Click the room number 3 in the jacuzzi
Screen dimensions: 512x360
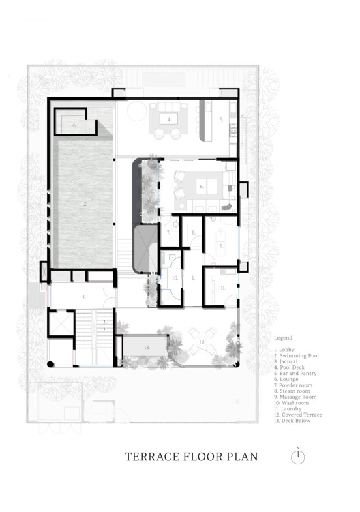pyautogui.click(x=73, y=125)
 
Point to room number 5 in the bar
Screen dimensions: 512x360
pyautogui.click(x=221, y=119)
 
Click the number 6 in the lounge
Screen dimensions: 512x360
pyautogui.click(x=201, y=185)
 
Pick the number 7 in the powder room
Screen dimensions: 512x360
pyautogui.click(x=168, y=232)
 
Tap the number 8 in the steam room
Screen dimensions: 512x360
pyautogui.click(x=194, y=232)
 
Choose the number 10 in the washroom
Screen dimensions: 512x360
pyautogui.click(x=175, y=278)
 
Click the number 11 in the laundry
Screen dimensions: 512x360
pyautogui.click(x=222, y=288)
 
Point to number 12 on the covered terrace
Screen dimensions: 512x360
pyautogui.click(x=202, y=341)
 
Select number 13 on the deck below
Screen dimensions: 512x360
pyautogui.click(x=146, y=346)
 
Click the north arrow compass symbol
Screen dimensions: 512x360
pyautogui.click(x=298, y=457)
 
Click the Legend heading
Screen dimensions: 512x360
pyautogui.click(x=283, y=337)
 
